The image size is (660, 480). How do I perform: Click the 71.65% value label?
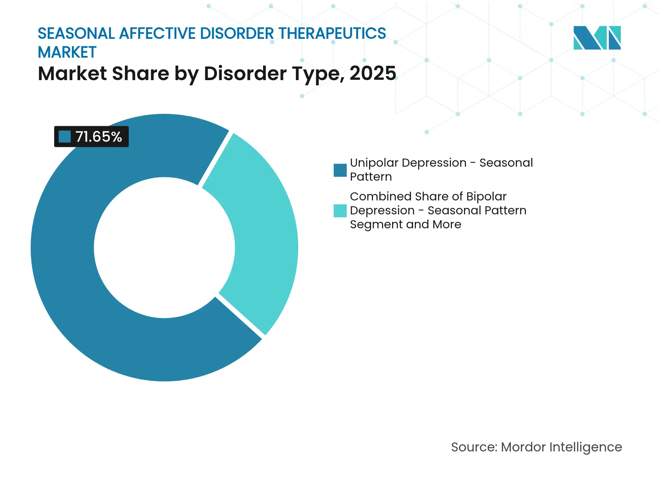click(x=98, y=137)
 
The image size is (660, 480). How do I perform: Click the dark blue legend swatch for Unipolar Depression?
click(x=340, y=170)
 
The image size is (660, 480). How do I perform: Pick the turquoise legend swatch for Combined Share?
click(x=340, y=210)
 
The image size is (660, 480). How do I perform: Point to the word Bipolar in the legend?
click(x=486, y=197)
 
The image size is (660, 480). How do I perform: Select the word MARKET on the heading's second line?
click(x=67, y=53)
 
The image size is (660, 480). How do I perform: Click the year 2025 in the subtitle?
click(x=373, y=73)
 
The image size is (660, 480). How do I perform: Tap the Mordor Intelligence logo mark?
click(x=597, y=38)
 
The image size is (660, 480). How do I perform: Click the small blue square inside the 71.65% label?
click(x=65, y=137)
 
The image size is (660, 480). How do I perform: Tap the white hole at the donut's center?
click(x=164, y=247)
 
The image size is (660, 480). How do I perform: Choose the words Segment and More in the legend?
click(x=405, y=224)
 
